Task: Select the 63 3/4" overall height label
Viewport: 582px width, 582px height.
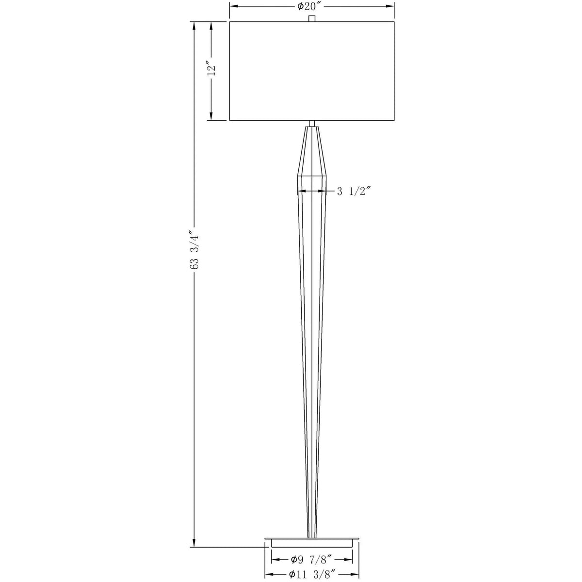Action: click(194, 250)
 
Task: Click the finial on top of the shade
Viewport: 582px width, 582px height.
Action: click(312, 18)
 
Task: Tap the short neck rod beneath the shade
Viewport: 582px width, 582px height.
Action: click(312, 124)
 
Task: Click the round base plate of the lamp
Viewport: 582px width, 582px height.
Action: click(312, 541)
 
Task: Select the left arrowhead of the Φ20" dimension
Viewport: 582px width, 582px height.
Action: click(233, 6)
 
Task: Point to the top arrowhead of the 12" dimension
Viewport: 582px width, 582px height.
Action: click(211, 25)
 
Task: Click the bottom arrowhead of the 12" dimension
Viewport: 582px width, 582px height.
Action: click(211, 116)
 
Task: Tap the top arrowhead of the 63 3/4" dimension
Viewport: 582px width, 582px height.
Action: click(194, 25)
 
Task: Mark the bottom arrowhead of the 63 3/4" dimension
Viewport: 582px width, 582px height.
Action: click(194, 543)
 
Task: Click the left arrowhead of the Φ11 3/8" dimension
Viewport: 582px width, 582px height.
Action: click(268, 575)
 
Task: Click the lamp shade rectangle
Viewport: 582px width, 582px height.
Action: click(312, 71)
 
